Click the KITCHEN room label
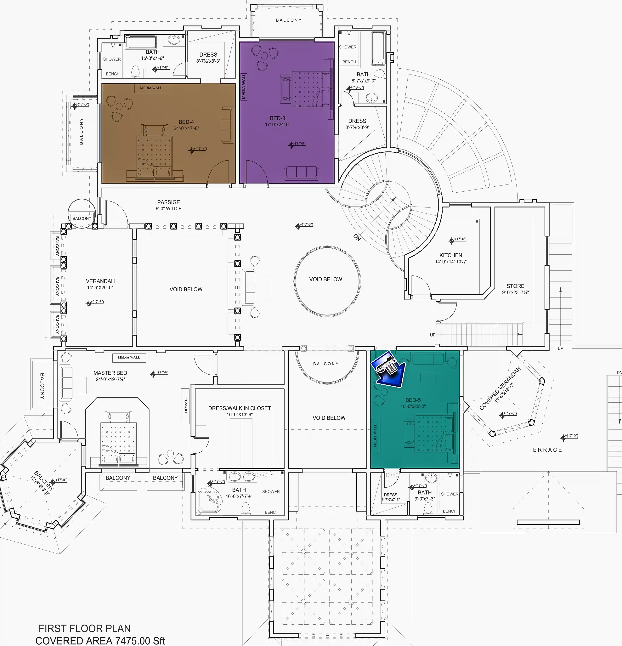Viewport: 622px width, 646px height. click(451, 255)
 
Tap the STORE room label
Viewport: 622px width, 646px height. click(515, 286)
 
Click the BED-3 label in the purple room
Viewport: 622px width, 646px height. click(278, 118)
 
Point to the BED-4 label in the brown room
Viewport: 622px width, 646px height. click(186, 122)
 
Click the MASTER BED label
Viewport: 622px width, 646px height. click(110, 373)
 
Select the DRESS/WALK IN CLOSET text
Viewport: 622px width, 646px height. click(240, 408)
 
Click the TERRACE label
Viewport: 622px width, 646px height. click(545, 450)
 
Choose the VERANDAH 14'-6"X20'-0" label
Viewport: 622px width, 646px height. click(100, 284)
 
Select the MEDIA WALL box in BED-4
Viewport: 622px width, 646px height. click(151, 88)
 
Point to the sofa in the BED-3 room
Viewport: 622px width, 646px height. click(301, 172)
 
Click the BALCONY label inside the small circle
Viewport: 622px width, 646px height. click(82, 218)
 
